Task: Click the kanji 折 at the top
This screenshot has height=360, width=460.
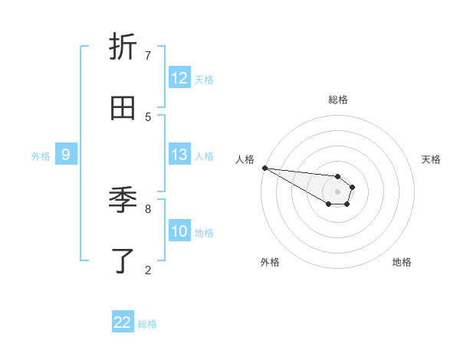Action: pyautogui.click(x=123, y=47)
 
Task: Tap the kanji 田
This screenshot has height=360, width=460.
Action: pyautogui.click(x=123, y=109)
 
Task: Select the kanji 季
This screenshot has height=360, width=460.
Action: pyautogui.click(x=123, y=201)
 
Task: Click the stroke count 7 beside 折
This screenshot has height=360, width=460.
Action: pyautogui.click(x=148, y=55)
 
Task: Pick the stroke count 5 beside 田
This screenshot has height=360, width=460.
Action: pyautogui.click(x=148, y=116)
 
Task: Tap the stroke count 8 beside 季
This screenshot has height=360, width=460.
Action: pyautogui.click(x=148, y=208)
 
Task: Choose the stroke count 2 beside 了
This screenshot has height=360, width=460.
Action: pyautogui.click(x=148, y=270)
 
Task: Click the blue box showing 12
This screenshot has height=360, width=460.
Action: pyautogui.click(x=179, y=78)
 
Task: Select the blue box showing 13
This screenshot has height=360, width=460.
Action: pyautogui.click(x=179, y=155)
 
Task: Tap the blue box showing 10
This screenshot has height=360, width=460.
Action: pyautogui.click(x=179, y=231)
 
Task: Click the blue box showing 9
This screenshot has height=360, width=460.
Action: pyautogui.click(x=66, y=155)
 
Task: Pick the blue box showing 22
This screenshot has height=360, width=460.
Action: pyautogui.click(x=123, y=322)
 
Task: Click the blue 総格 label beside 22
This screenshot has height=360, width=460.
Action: pyautogui.click(x=148, y=324)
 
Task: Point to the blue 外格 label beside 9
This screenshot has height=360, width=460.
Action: pyautogui.click(x=41, y=156)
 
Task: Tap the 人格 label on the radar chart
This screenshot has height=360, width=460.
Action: pyautogui.click(x=245, y=159)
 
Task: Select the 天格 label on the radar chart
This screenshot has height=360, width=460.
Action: pyautogui.click(x=431, y=159)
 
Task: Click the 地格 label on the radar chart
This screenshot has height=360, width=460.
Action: pyautogui.click(x=402, y=262)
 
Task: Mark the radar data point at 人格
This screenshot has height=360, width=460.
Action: pyautogui.click(x=264, y=168)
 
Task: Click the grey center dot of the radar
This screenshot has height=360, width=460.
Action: pyautogui.click(x=337, y=191)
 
